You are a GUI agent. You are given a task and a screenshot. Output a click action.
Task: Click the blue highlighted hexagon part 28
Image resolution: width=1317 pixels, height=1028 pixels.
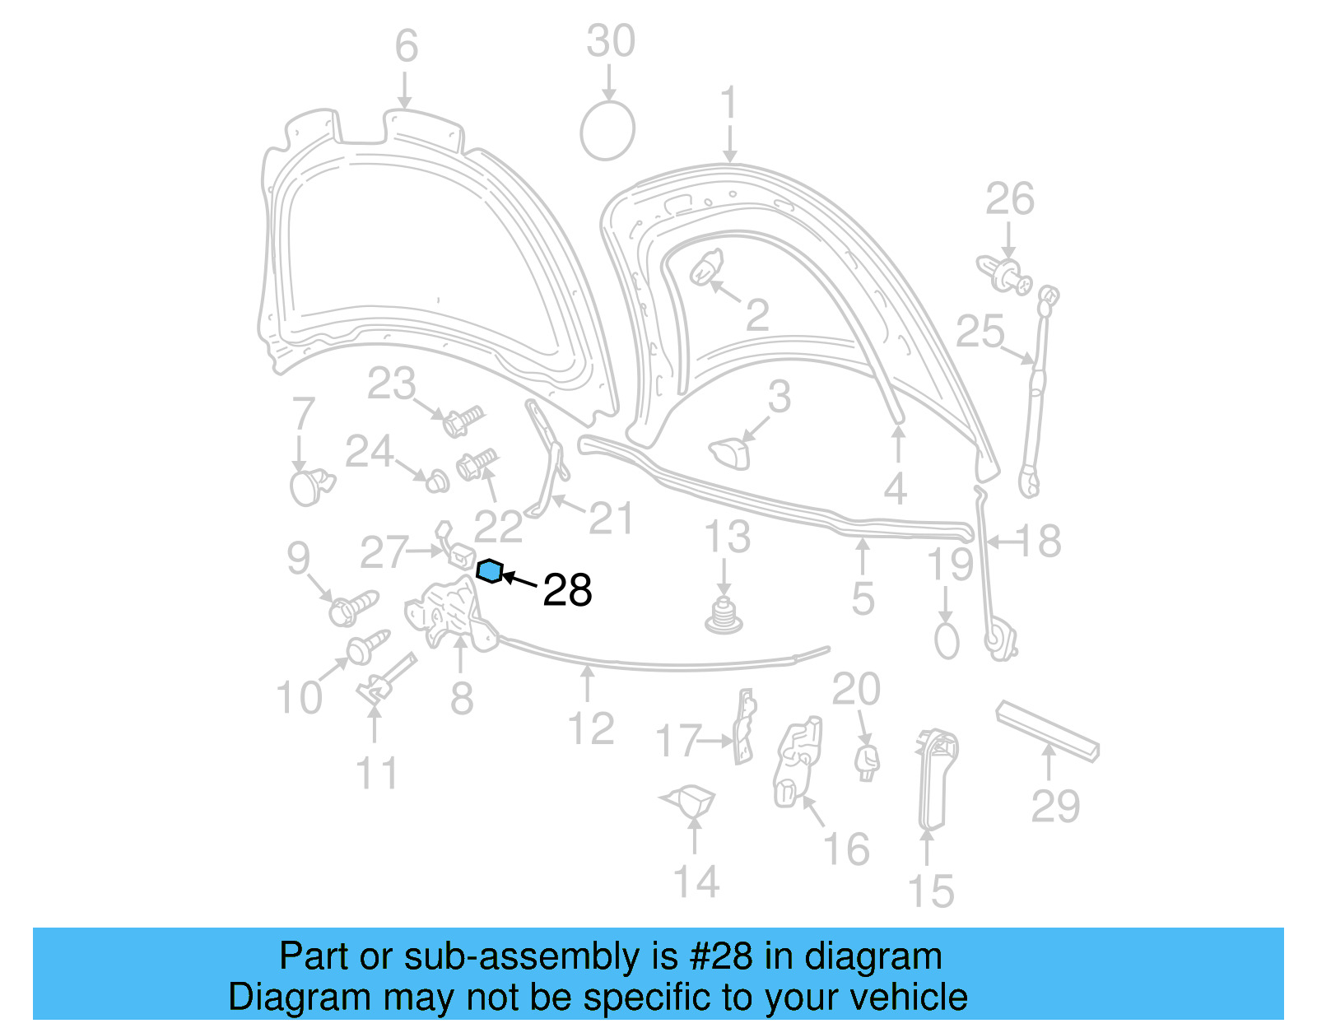click(x=490, y=570)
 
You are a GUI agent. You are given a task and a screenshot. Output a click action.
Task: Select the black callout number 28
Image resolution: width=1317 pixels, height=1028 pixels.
click(x=567, y=591)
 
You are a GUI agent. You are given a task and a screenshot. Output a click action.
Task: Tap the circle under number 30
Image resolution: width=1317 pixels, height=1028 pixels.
click(x=607, y=131)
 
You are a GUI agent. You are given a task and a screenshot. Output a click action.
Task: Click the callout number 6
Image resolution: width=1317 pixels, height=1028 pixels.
click(x=406, y=46)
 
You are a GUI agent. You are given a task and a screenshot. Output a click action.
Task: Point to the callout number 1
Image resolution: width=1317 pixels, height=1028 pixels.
click(x=729, y=105)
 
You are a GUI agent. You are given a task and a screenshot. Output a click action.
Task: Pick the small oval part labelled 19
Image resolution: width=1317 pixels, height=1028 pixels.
click(x=947, y=640)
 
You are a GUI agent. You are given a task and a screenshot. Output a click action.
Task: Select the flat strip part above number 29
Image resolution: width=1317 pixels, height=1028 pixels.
click(x=1047, y=731)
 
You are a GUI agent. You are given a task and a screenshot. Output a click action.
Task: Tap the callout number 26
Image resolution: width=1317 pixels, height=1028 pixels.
click(x=1009, y=200)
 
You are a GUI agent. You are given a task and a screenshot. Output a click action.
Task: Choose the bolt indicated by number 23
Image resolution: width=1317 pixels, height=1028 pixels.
click(x=462, y=421)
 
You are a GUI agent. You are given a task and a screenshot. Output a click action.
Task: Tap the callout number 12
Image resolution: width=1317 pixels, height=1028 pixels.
click(x=590, y=729)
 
